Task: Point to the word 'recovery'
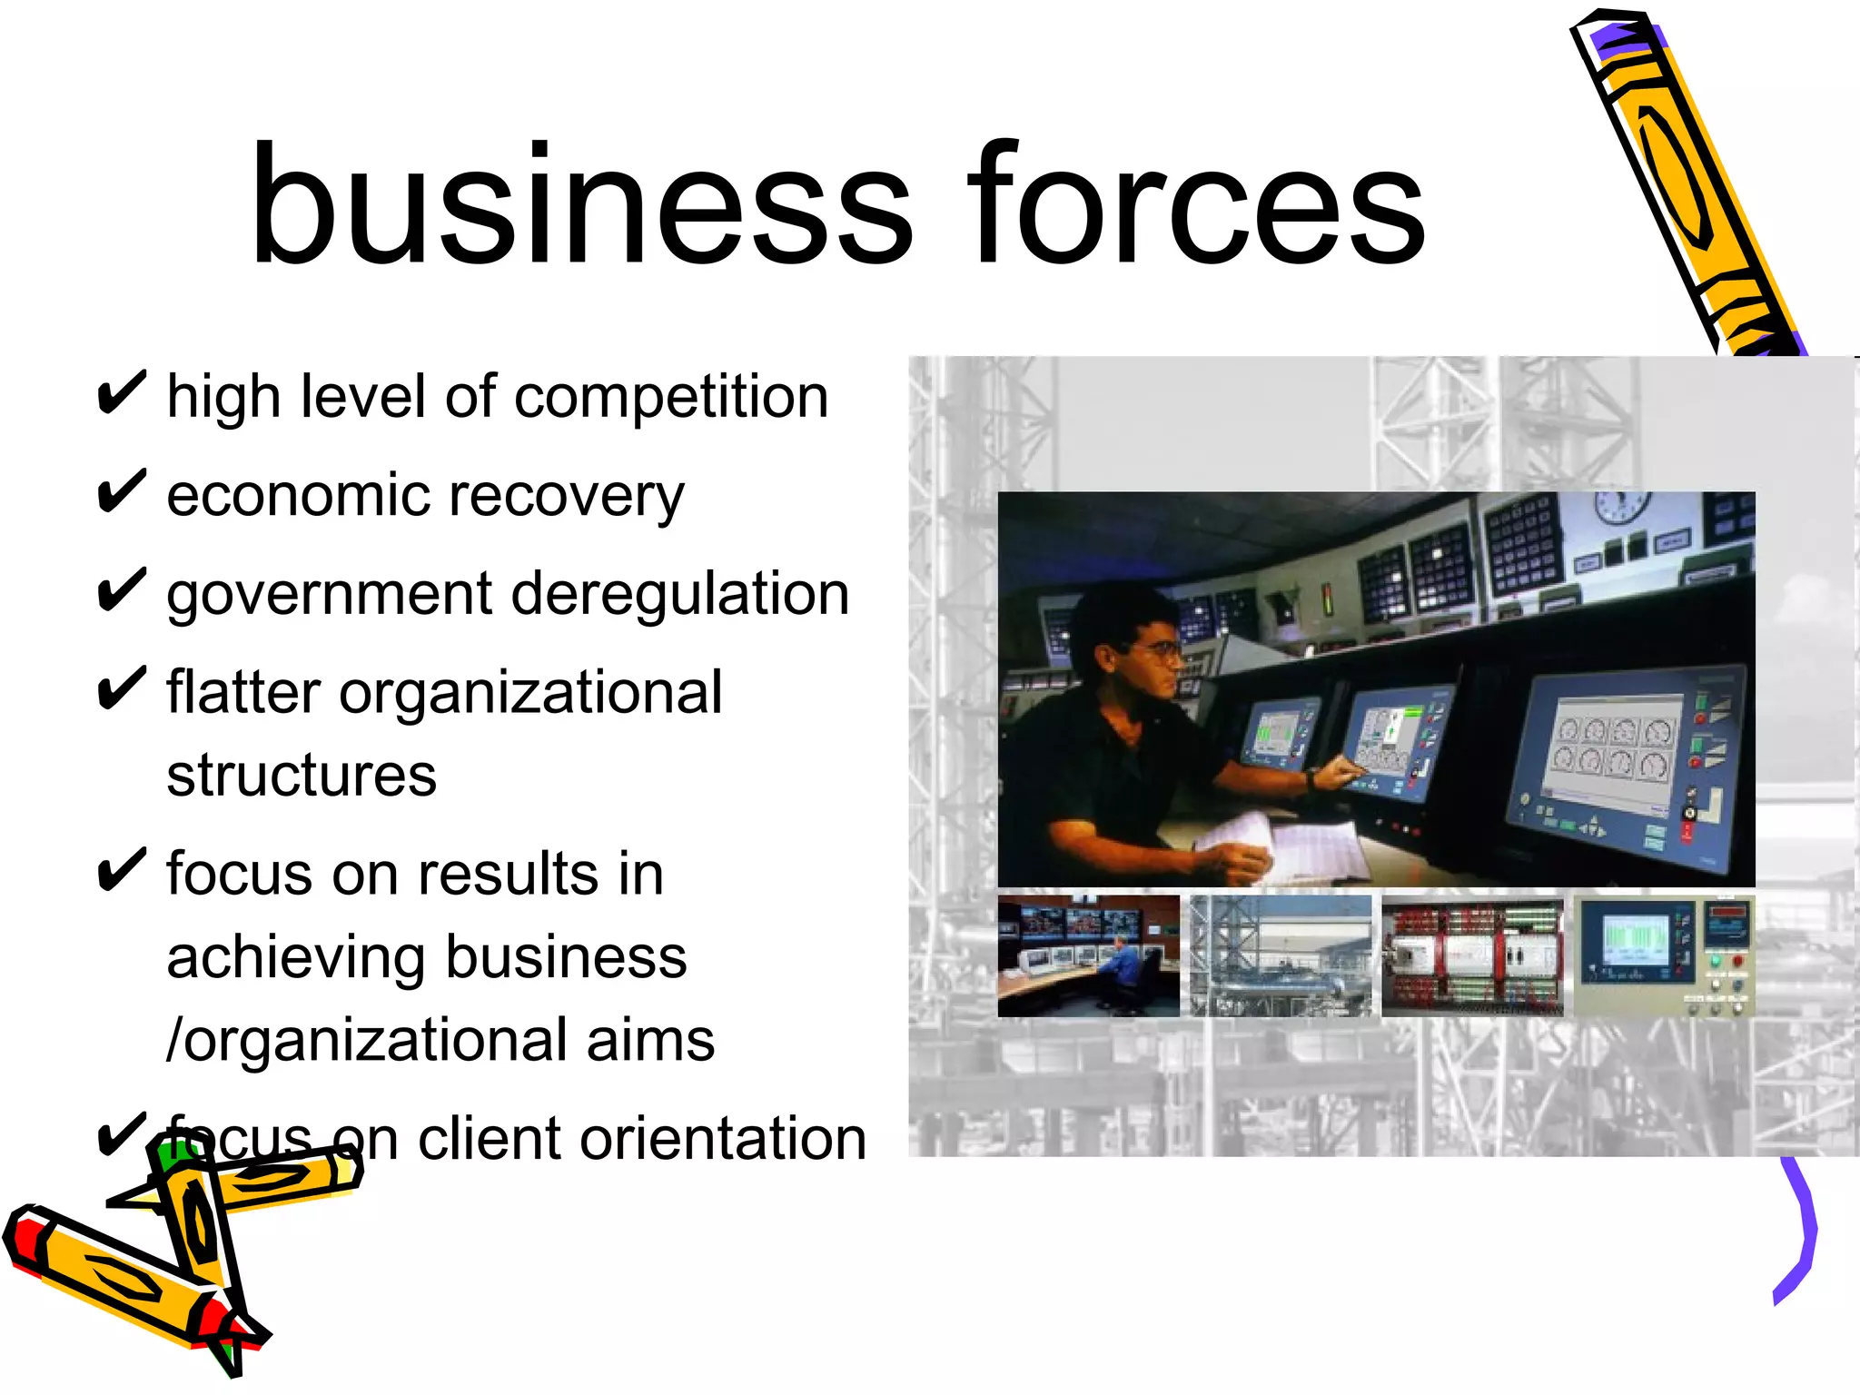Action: pos(563,497)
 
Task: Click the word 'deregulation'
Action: pos(680,595)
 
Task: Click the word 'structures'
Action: pos(302,776)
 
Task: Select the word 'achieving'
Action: pos(296,958)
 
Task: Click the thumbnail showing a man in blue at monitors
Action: pos(1088,955)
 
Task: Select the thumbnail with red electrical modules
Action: pos(1472,955)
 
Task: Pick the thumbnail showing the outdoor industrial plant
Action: pos(1281,955)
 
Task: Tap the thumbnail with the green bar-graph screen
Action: pos(1664,955)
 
